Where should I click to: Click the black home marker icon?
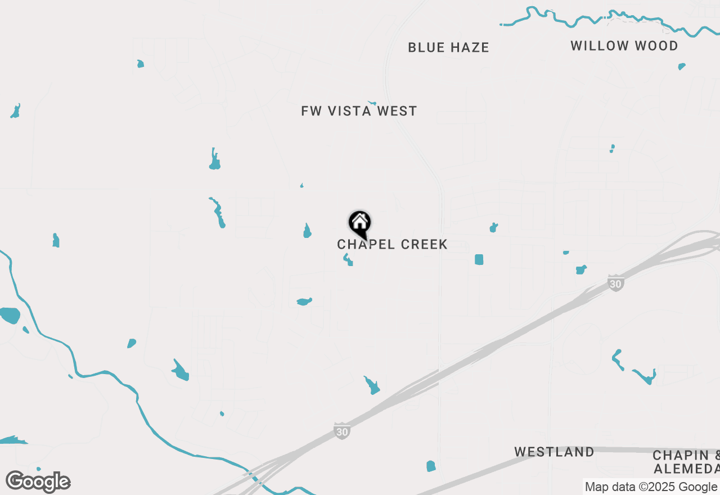click(x=360, y=223)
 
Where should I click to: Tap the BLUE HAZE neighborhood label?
click(x=448, y=48)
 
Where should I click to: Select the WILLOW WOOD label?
click(x=624, y=46)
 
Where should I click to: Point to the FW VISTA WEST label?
click(x=359, y=111)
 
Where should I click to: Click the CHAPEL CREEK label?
click(x=392, y=245)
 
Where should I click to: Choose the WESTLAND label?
click(x=554, y=452)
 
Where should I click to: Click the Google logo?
click(x=38, y=481)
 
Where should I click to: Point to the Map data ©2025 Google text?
click(x=651, y=487)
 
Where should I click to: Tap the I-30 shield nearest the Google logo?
click(x=341, y=431)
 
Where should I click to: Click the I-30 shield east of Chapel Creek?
click(x=616, y=283)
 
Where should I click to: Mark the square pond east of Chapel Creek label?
click(x=479, y=259)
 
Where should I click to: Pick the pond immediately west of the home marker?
click(x=307, y=231)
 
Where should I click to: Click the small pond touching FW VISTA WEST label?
click(x=371, y=103)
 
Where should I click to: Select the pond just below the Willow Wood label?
click(x=682, y=66)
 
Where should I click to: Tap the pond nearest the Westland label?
click(x=431, y=466)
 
